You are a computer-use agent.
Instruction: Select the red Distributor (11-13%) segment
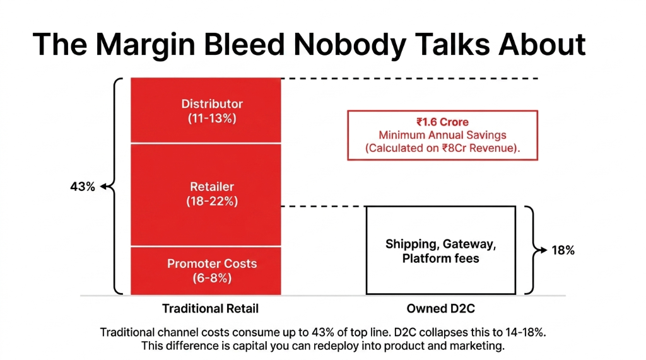[206, 110]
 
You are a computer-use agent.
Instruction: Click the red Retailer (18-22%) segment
[206, 194]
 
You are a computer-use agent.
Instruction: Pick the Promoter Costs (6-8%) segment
[206, 270]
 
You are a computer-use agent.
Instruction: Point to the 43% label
[82, 187]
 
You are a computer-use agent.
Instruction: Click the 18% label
[563, 250]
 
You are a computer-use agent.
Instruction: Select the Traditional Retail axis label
[210, 309]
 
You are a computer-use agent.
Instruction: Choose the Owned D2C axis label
[441, 309]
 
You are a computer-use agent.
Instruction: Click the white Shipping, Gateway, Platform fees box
[441, 250]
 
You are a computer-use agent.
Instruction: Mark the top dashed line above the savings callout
[410, 78]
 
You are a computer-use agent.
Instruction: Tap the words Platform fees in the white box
[441, 258]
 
